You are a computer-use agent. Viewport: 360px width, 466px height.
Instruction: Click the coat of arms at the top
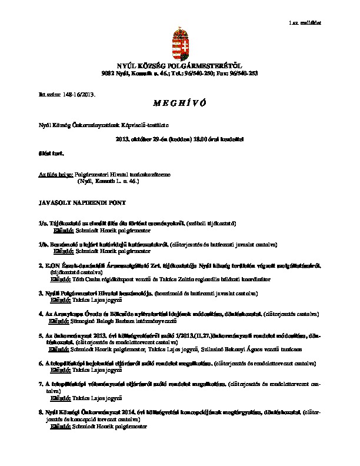(x=180, y=42)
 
